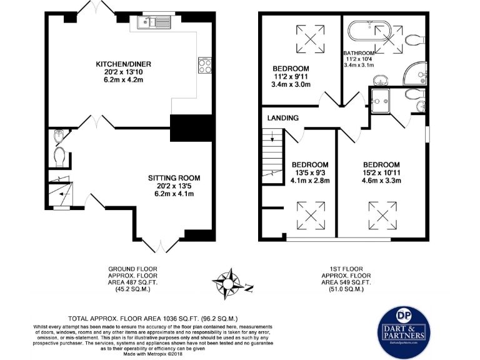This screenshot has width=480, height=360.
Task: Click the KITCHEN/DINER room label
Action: click(x=123, y=64)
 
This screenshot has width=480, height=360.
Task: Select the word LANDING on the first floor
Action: click(x=283, y=117)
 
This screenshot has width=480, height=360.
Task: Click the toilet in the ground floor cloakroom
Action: click(x=59, y=155)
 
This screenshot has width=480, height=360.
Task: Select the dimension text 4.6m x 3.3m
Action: click(x=382, y=181)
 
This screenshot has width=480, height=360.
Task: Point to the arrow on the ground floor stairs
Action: click(x=60, y=192)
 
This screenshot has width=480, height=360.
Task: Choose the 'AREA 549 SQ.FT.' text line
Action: click(x=346, y=282)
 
